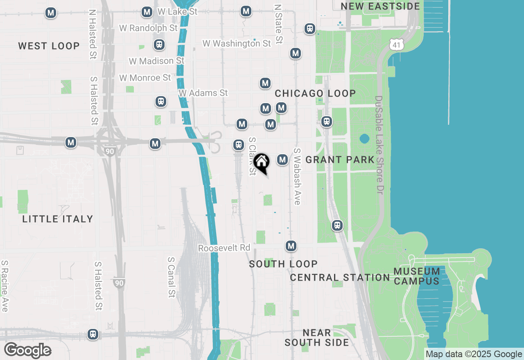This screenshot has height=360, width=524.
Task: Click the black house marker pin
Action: (261, 163)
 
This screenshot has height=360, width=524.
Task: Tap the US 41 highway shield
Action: (396, 44)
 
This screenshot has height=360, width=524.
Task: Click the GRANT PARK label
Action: (340, 160)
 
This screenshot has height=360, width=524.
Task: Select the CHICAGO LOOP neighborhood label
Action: (315, 93)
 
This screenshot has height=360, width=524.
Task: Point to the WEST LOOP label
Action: (49, 46)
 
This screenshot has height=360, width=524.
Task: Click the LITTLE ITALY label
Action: (58, 219)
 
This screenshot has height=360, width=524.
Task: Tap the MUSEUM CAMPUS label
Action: (417, 276)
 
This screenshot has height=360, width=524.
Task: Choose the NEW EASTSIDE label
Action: (380, 6)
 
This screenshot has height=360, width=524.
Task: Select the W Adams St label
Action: (203, 93)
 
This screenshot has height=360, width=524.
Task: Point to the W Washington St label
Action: (237, 43)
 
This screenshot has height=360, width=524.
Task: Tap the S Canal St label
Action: (172, 277)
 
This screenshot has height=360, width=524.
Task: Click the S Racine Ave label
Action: (5, 286)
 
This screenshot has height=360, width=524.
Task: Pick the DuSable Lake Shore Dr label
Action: (379, 145)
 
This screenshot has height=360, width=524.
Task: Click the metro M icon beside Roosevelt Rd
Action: (291, 246)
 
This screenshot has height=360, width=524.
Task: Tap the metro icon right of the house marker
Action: (282, 160)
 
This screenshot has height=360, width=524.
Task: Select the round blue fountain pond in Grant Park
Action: (364, 139)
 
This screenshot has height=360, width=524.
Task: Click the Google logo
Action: (27, 351)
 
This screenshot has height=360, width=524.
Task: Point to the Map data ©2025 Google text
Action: (474, 354)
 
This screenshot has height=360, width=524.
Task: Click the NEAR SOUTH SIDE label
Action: (317, 337)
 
